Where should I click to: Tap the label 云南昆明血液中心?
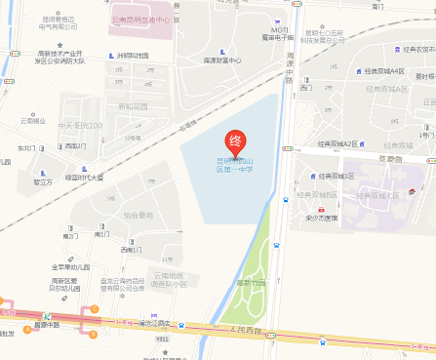[140, 19]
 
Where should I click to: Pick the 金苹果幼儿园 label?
[71, 267]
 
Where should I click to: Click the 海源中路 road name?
[290, 68]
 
